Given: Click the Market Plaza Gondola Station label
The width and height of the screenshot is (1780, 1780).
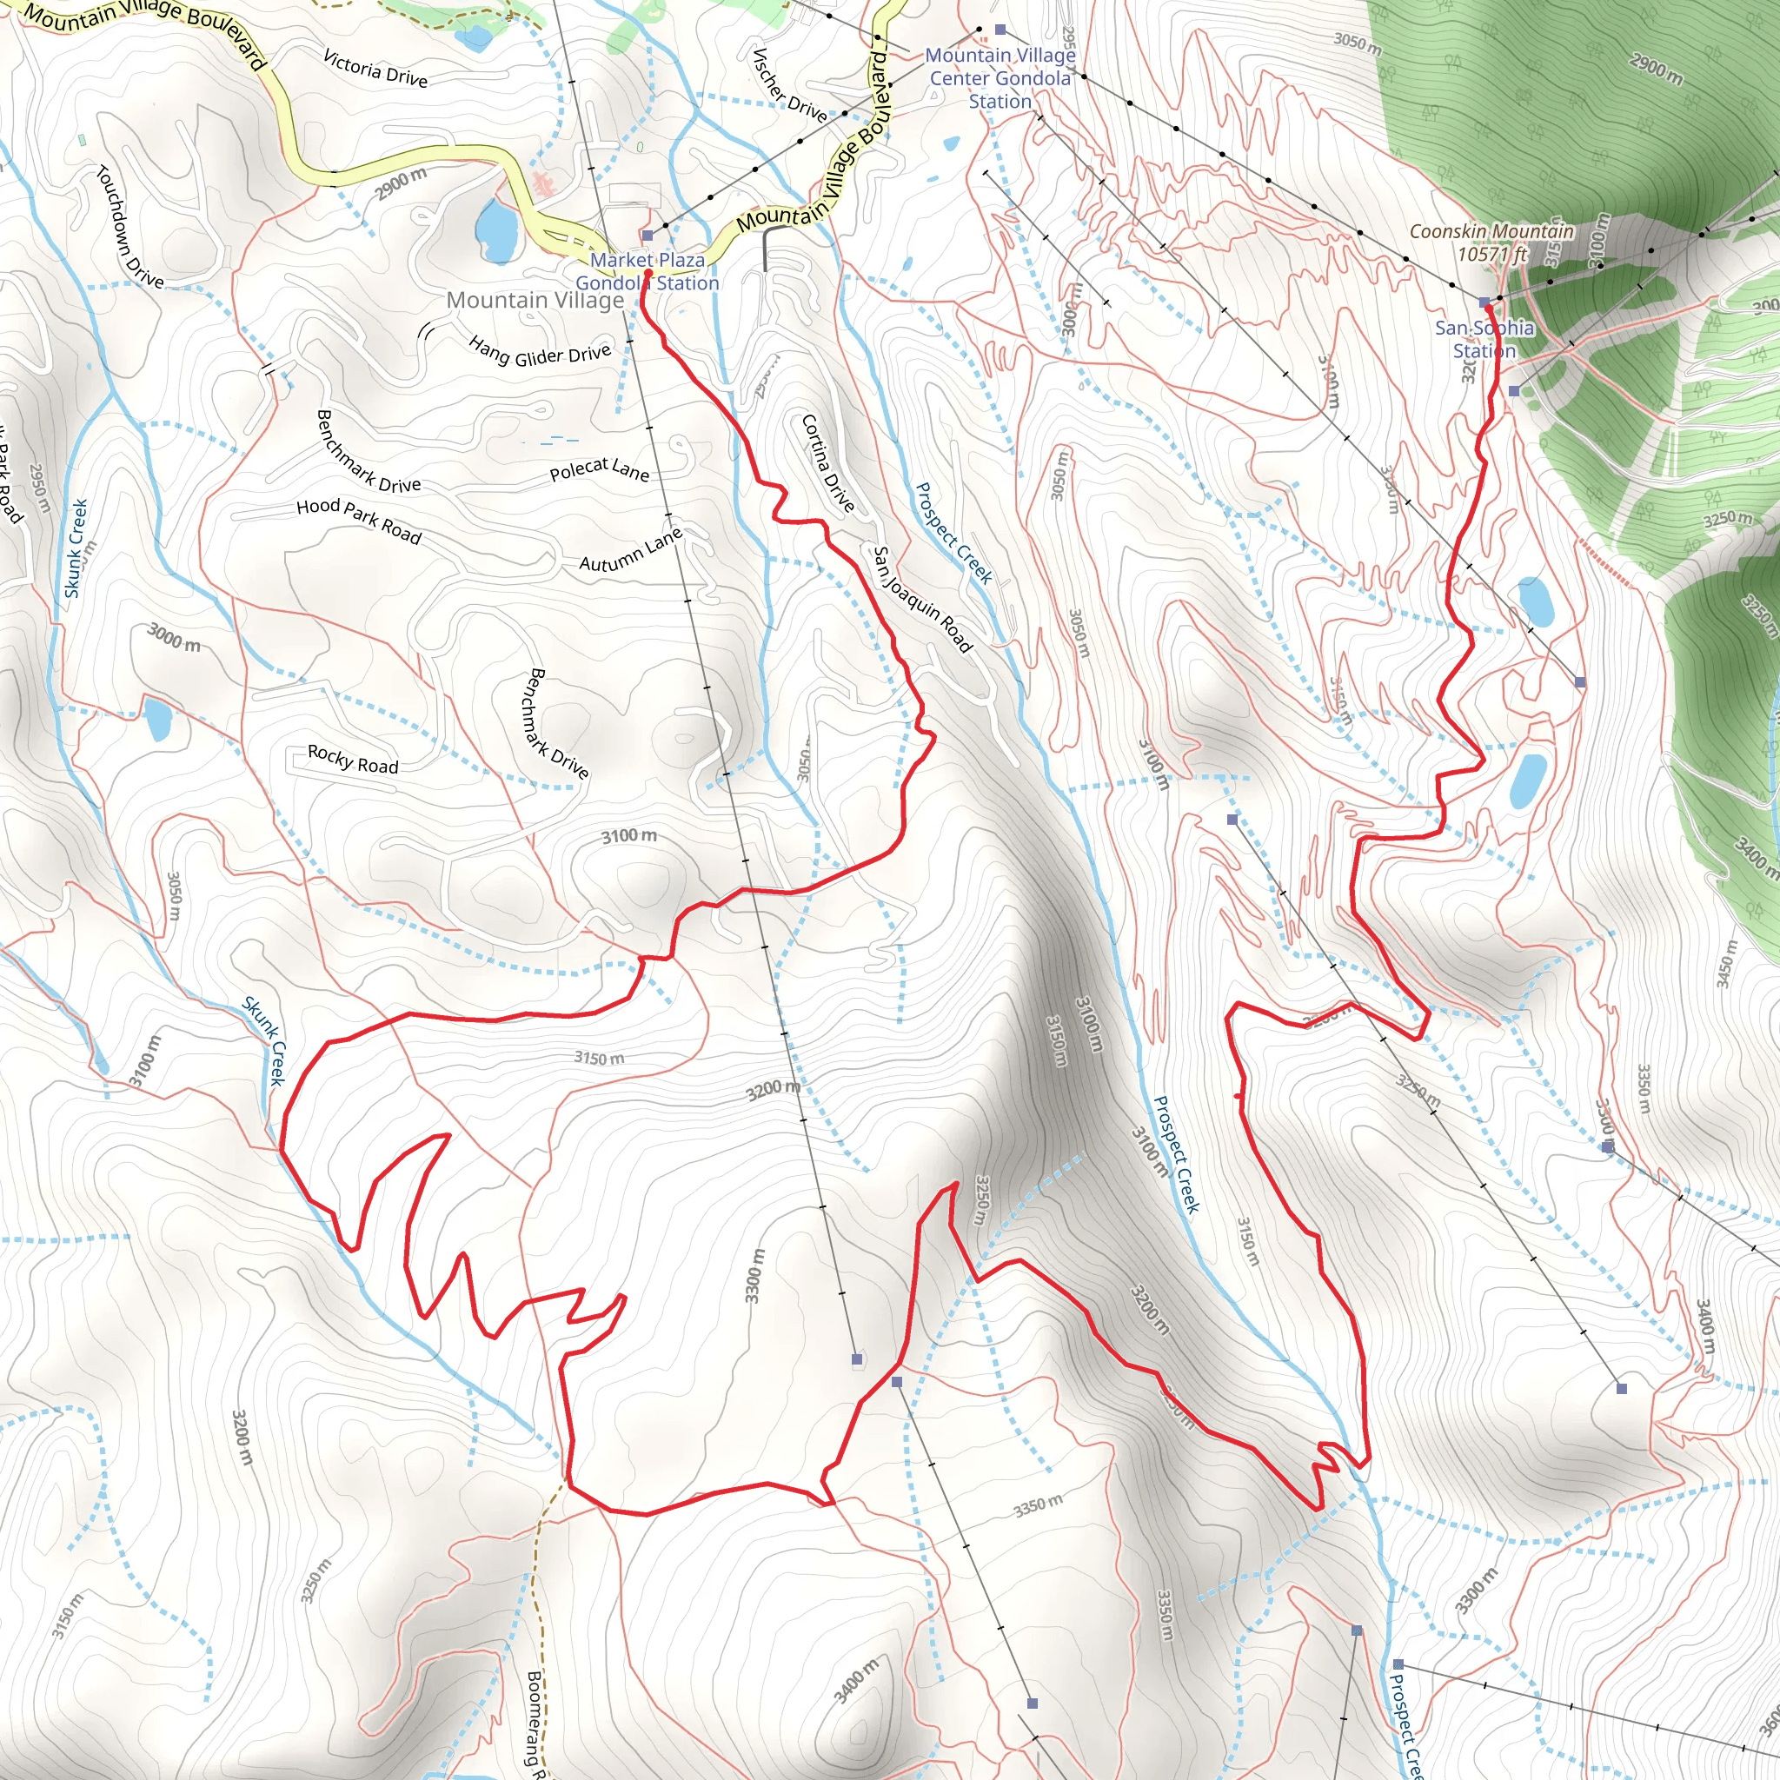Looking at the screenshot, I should [x=647, y=272].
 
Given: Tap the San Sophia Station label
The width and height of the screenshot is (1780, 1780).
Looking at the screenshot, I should [x=1484, y=339].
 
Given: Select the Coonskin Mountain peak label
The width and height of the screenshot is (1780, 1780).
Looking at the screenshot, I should [x=1491, y=242].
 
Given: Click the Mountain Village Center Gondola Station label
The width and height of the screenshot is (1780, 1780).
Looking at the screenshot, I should [x=1000, y=78].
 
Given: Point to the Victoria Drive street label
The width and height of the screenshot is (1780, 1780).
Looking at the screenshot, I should [x=375, y=68].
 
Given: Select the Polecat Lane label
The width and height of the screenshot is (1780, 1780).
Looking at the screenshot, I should [x=599, y=470].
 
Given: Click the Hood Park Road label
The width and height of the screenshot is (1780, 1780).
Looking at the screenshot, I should [x=358, y=521].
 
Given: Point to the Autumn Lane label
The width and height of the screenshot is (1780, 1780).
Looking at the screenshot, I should [x=631, y=550].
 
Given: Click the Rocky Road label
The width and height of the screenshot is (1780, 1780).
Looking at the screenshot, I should [x=353, y=759].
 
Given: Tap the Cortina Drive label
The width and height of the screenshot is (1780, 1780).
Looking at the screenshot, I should [x=827, y=462].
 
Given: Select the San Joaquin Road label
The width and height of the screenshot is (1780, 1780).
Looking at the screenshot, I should [x=921, y=599].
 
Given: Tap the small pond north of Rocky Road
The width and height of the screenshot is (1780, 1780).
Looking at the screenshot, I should [x=156, y=718].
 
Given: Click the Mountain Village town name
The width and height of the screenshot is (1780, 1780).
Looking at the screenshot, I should [x=535, y=301].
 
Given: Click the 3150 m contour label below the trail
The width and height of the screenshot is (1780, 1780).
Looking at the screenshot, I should [x=599, y=1058].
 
